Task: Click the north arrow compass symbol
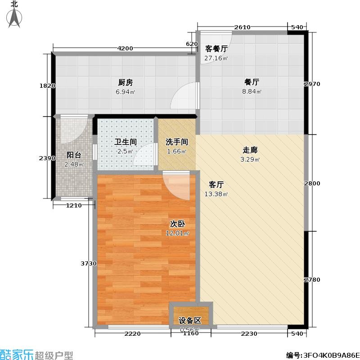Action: [x=14, y=18]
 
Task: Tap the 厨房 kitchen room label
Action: [x=126, y=82]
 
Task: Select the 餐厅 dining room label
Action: [x=252, y=82]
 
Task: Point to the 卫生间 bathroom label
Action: [x=126, y=142]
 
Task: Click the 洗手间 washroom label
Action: [x=177, y=142]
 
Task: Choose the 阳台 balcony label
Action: [x=74, y=155]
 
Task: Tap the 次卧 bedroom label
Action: [x=177, y=224]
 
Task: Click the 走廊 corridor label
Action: [x=250, y=150]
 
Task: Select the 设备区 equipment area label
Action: [x=190, y=320]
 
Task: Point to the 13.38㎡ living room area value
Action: [x=216, y=194]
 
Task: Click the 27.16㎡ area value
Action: [x=216, y=58]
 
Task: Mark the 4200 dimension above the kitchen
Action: [x=125, y=49]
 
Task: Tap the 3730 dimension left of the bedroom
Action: [x=89, y=264]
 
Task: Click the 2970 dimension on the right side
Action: [x=312, y=84]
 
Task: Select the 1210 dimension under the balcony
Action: [x=74, y=206]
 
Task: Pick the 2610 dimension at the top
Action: [x=242, y=27]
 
